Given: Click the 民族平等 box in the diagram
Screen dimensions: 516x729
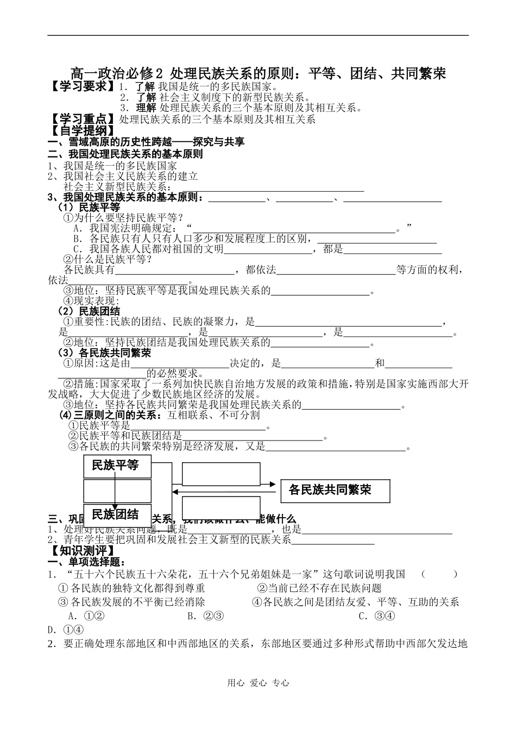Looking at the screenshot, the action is coord(117,466).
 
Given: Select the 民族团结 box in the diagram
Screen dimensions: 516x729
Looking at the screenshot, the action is coord(117,514).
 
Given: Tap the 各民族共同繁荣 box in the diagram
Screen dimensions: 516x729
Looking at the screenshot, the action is coord(335,489).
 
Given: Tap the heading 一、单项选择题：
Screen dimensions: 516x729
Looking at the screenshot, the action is coord(87,562).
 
